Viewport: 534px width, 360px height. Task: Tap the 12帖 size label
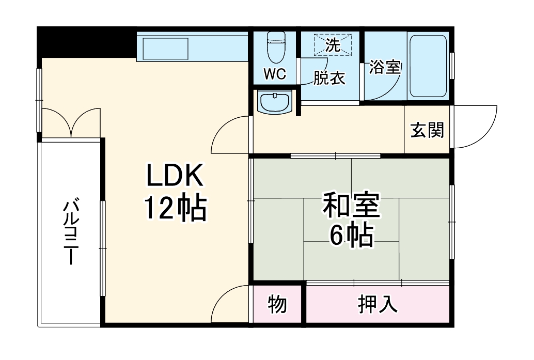pos(175,208)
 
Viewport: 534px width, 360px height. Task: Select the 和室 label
pos(351,206)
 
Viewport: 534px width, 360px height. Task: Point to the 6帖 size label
pos(351,236)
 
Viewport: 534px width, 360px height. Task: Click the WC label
pos(275,74)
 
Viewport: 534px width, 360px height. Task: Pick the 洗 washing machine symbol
pos(333,44)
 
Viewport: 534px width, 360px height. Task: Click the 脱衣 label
pos(329,79)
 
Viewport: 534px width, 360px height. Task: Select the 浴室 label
pos(385,68)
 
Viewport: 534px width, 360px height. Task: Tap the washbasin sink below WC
pos(275,102)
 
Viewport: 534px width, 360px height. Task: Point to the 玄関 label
pos(427,131)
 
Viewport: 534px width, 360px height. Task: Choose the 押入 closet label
pos(378,305)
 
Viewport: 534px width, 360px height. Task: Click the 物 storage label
pos(277,305)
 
